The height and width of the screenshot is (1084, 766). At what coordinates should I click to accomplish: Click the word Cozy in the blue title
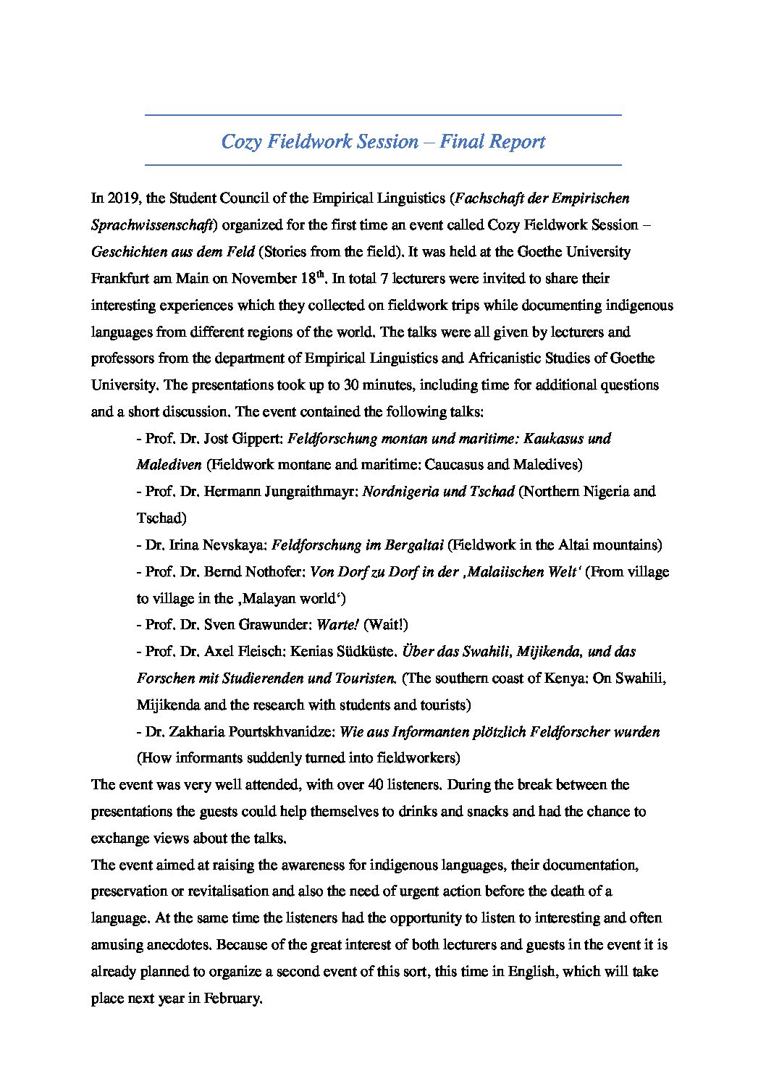(241, 141)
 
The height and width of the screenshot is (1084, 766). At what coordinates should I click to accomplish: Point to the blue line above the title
(383, 115)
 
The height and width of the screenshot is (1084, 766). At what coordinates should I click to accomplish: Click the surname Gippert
(260, 438)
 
